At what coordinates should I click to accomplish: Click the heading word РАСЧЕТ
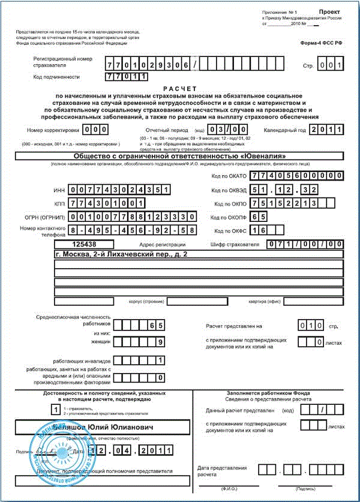coord(179,88)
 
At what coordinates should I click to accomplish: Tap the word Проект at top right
coord(329,12)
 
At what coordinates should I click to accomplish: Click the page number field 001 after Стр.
coord(331,65)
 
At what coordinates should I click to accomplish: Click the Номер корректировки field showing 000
coord(95,130)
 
